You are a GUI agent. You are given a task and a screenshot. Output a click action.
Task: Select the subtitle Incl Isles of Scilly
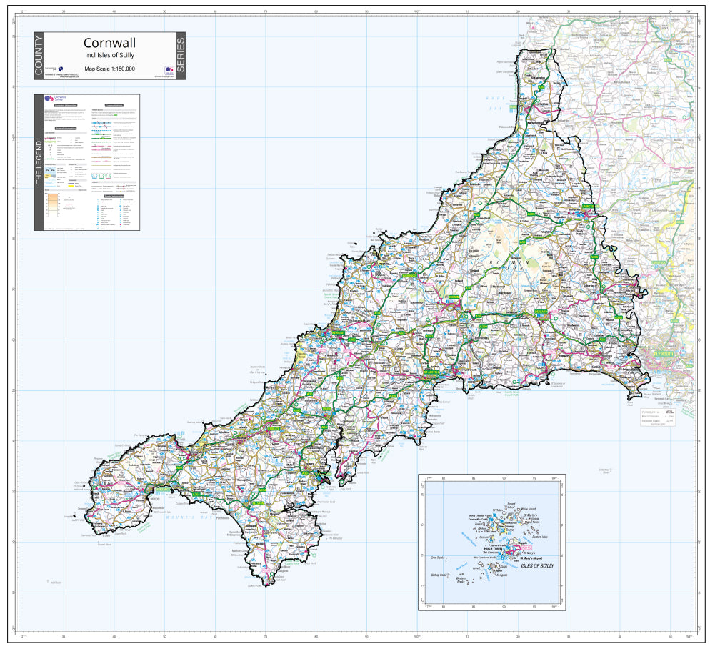pos(109,55)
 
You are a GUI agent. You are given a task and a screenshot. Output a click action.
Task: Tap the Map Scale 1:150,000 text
pos(109,69)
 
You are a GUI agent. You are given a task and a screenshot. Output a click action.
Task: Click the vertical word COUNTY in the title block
pos(39,56)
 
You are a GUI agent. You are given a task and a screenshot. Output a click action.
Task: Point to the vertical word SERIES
pos(180,56)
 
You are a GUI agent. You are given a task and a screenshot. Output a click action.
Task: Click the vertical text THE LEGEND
pos(39,162)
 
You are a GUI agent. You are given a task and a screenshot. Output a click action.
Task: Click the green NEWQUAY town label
pos(338,333)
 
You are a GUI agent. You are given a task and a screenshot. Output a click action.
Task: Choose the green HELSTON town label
pos(257,503)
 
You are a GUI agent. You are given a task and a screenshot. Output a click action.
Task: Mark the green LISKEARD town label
pos(542,313)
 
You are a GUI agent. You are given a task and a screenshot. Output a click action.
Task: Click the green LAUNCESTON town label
pos(588,207)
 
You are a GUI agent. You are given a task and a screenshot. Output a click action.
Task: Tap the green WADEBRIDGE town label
pos(409,275)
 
